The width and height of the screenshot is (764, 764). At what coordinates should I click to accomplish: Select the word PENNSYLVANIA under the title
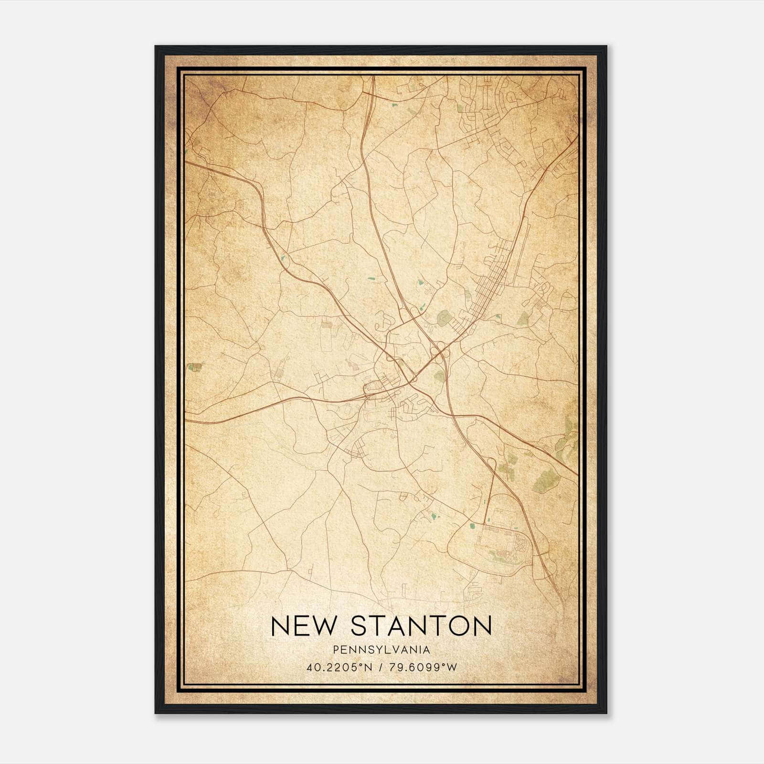[x=382, y=649]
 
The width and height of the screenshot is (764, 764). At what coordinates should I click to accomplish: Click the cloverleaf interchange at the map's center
[x=440, y=351]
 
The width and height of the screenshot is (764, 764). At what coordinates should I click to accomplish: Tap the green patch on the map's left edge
[x=194, y=367]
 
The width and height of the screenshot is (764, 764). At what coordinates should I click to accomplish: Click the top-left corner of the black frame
[x=156, y=46]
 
